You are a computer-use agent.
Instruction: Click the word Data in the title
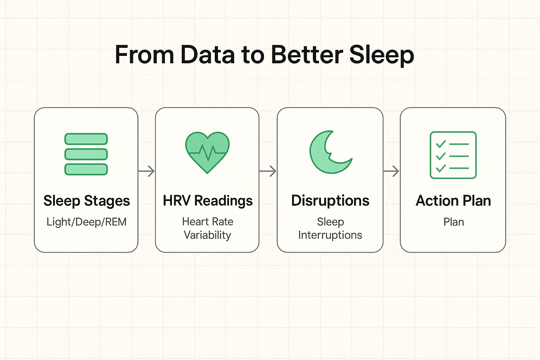click(x=207, y=55)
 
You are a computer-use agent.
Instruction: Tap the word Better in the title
click(x=307, y=55)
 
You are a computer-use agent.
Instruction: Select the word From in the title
click(x=144, y=55)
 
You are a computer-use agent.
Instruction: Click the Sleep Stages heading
click(x=86, y=201)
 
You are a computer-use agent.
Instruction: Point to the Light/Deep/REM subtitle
click(x=86, y=222)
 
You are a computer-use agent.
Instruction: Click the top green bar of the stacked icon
click(x=86, y=139)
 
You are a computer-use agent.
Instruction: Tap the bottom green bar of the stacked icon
click(x=86, y=169)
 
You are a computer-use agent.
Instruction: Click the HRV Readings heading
click(x=207, y=201)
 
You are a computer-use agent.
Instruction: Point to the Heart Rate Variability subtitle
click(x=207, y=228)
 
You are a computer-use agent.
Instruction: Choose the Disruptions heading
click(x=330, y=201)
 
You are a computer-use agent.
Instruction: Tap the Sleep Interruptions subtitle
click(x=330, y=228)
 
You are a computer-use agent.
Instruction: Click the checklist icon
click(x=453, y=155)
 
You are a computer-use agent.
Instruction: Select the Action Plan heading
click(x=453, y=201)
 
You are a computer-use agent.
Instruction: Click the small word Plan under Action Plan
click(x=454, y=222)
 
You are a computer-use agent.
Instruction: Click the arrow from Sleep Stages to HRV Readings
click(x=147, y=171)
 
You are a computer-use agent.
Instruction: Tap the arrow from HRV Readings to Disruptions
click(x=268, y=171)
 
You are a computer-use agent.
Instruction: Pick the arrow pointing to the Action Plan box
click(x=391, y=171)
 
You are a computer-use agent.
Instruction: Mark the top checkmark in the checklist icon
click(x=441, y=144)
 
